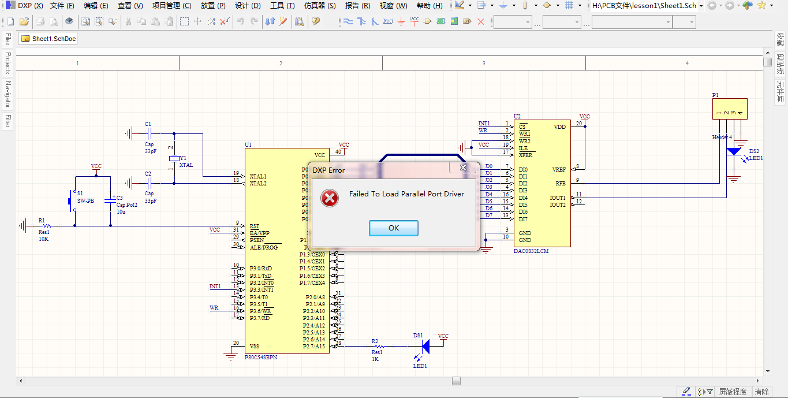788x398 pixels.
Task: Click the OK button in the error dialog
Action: (x=393, y=228)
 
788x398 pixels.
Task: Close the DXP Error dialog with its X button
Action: (x=463, y=168)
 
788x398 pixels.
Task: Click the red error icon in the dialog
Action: (x=330, y=198)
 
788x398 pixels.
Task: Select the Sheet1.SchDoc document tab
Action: (x=48, y=39)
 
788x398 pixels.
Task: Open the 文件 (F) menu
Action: (x=62, y=6)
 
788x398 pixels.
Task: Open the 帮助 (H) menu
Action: (x=430, y=6)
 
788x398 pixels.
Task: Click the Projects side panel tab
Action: (x=8, y=63)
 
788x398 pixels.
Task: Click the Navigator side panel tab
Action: (x=8, y=94)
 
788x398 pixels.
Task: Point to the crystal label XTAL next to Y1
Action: (x=186, y=165)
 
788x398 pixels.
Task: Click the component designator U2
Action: (x=517, y=117)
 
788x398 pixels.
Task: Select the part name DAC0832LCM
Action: (x=531, y=251)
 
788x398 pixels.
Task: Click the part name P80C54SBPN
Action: (x=261, y=358)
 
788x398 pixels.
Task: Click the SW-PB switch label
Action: (x=85, y=201)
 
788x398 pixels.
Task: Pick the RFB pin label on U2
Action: (x=560, y=184)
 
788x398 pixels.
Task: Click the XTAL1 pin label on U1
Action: (x=258, y=176)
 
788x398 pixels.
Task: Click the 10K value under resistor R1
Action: (x=44, y=239)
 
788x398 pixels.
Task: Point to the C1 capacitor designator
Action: (x=148, y=124)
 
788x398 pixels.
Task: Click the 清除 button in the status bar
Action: (x=761, y=392)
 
